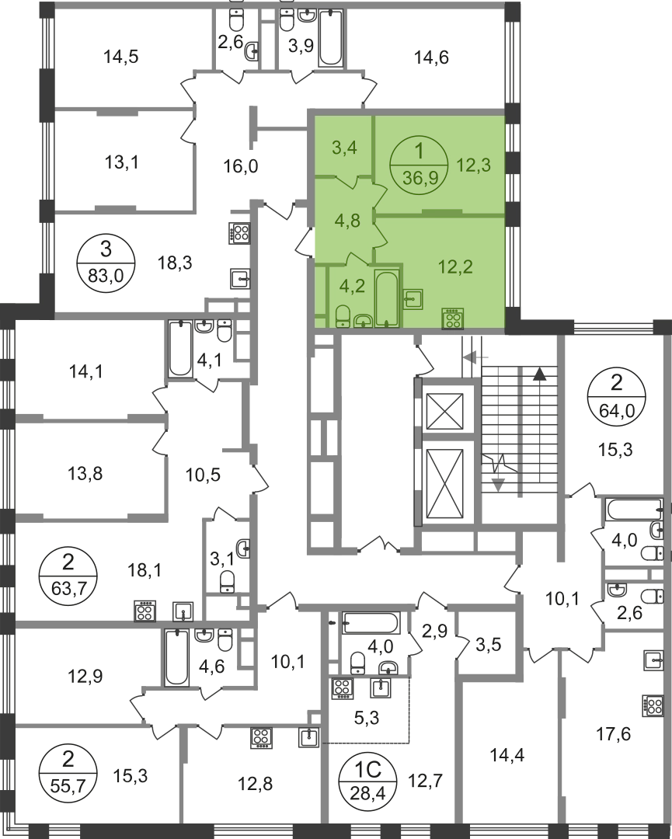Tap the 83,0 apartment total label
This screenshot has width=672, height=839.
click(x=106, y=275)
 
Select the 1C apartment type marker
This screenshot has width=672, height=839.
click(x=368, y=770)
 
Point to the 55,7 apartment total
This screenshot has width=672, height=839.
click(x=68, y=785)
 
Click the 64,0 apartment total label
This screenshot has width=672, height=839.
click(x=616, y=410)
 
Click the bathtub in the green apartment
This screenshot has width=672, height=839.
click(x=386, y=298)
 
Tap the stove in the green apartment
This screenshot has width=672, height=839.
click(x=453, y=319)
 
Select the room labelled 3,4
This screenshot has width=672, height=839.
click(x=345, y=147)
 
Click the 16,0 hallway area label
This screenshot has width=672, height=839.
click(x=241, y=166)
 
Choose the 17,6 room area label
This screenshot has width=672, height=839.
click(x=613, y=733)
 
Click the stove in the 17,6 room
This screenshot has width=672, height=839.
click(x=653, y=705)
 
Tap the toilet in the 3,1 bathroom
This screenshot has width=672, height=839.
click(x=228, y=582)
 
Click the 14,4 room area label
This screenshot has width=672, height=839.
click(x=507, y=755)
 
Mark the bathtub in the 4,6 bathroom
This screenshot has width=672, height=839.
click(x=176, y=657)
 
